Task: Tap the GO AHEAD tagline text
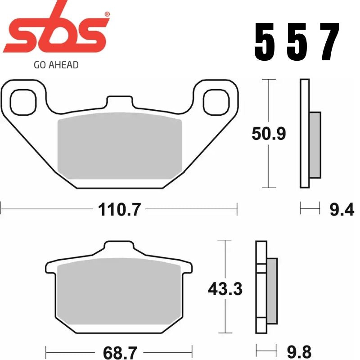(x=56, y=65)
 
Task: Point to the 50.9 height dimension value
(x=268, y=134)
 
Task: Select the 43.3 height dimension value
(x=225, y=289)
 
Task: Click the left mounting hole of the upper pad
(x=22, y=101)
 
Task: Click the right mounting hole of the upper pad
(x=216, y=101)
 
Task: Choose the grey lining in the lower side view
(x=272, y=290)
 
